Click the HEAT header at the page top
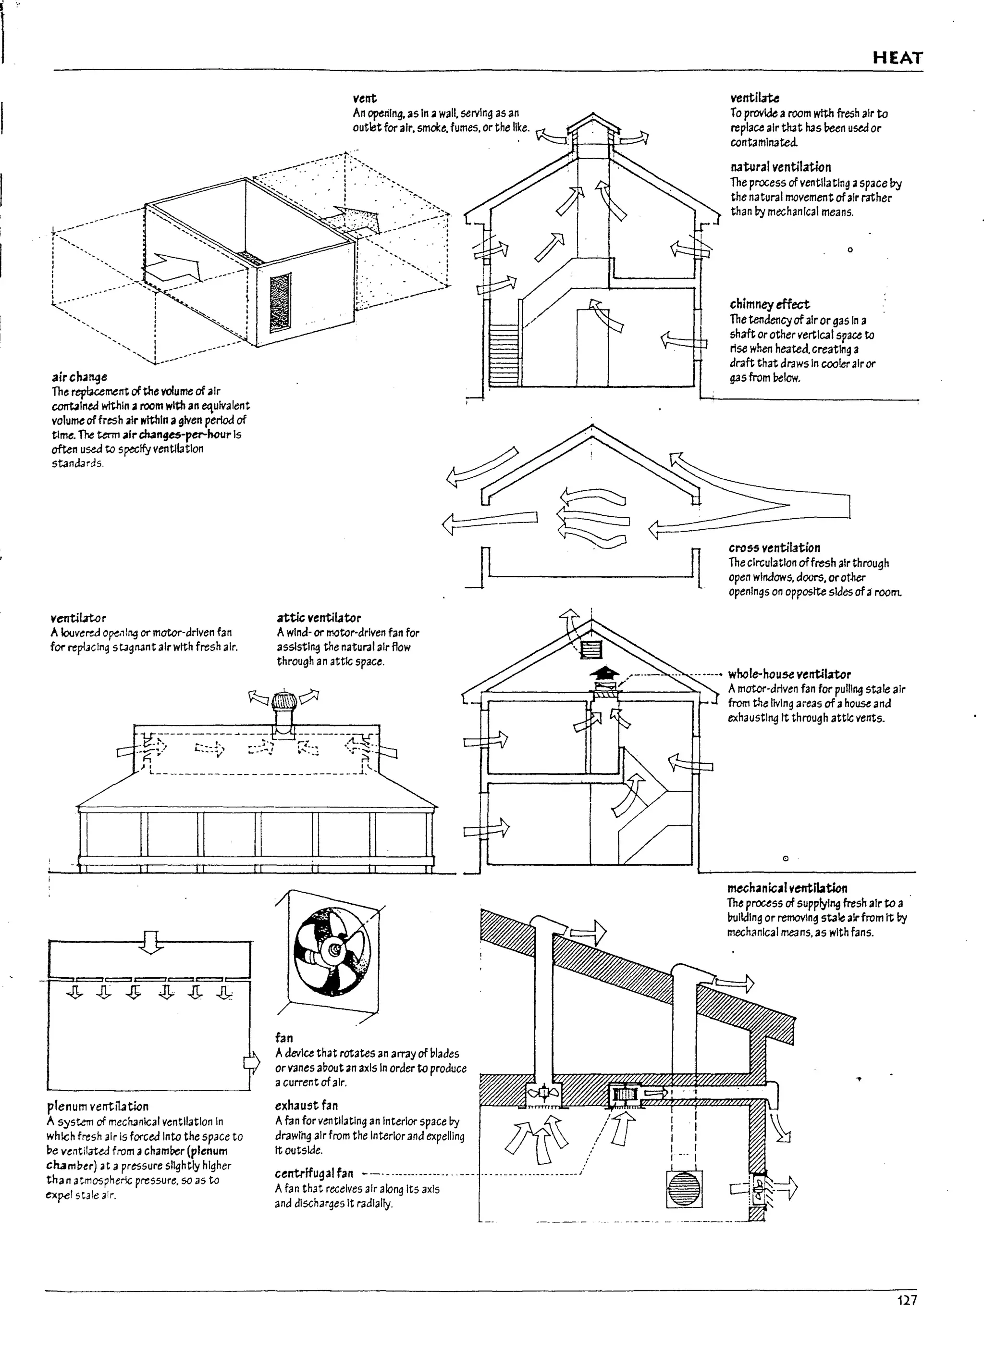[897, 58]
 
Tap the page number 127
[906, 1300]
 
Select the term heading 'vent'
[365, 98]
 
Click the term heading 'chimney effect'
[769, 304]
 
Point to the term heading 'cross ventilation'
[774, 548]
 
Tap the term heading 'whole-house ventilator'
[789, 674]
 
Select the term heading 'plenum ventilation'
[98, 1106]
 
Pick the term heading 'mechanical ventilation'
[787, 888]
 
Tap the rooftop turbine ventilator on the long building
[283, 704]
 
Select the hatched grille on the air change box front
[280, 303]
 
